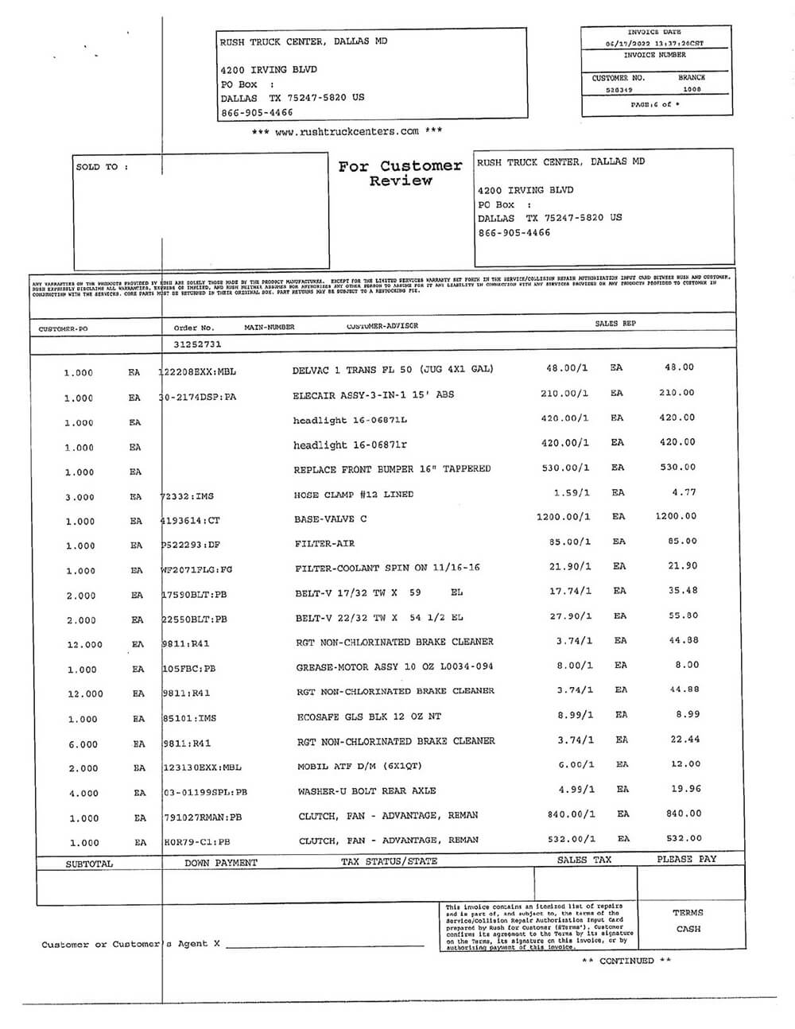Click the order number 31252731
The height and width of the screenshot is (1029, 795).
pos(197,345)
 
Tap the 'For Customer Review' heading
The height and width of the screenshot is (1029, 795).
pos(400,173)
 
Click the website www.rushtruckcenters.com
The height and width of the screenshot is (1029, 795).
pos(347,131)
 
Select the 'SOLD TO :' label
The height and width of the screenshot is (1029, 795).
pos(102,167)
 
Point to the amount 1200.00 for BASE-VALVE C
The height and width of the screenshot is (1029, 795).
pos(676,516)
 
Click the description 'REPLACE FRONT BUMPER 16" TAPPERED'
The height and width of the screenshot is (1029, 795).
pos(392,469)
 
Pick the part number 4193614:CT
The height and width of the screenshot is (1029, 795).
pos(190,520)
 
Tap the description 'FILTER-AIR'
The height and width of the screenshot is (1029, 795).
pos(324,544)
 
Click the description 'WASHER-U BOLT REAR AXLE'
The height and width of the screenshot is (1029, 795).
pos(366,791)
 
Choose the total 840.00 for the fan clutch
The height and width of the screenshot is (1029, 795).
pos(684,813)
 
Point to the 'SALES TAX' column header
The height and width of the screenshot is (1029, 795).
pos(584,860)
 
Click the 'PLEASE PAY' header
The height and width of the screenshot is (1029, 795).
pos(686,860)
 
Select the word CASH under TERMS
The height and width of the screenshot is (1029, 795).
pos(688,929)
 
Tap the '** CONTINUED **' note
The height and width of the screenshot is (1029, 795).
pos(626,961)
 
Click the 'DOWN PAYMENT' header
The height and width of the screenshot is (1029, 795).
pos(221,863)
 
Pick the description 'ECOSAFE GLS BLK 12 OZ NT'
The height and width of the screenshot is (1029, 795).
pos(369,716)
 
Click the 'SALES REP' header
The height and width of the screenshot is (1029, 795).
pos(615,324)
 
